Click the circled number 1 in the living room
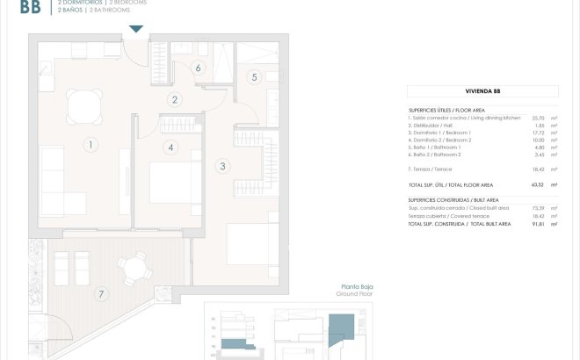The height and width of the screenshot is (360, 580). coord(90,144)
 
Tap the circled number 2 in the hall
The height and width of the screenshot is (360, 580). coord(176,100)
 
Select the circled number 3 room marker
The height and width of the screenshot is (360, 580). coord(222,165)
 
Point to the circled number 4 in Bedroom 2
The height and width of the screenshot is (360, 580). coord(170,148)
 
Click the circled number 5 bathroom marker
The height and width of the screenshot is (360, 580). coord(254,77)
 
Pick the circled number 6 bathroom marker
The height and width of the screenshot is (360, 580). coord(199,68)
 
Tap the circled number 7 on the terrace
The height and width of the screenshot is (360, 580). coord(101,293)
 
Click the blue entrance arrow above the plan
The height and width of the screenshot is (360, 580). coord(134,29)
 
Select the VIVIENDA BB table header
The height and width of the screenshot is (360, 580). coord(482,91)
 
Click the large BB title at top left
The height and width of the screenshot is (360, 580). coord(28,9)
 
